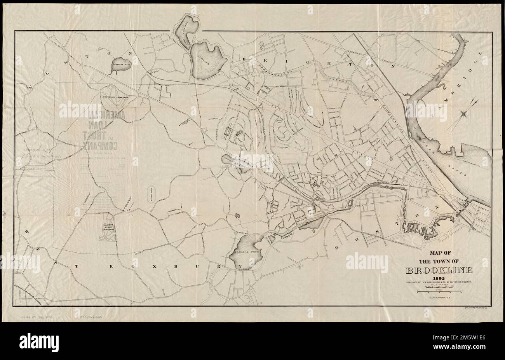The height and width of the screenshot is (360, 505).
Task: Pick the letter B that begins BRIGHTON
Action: click(244, 59)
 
